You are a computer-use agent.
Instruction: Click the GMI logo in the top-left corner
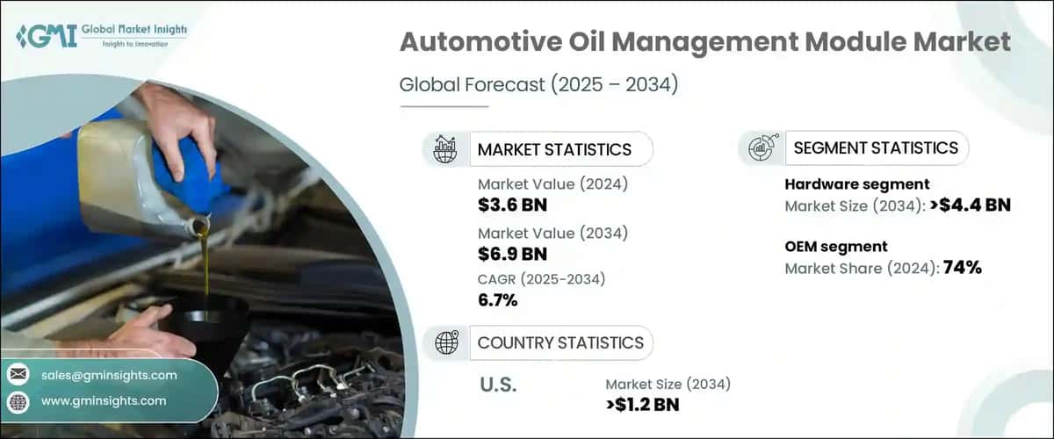click(101, 35)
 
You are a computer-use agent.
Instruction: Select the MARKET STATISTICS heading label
click(553, 149)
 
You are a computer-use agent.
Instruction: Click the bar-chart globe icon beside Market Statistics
click(445, 149)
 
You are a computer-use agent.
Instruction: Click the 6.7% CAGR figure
click(497, 301)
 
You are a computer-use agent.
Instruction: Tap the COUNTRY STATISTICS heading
click(559, 342)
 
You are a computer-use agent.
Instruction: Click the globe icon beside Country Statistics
click(445, 342)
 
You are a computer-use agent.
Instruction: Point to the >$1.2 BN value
click(642, 404)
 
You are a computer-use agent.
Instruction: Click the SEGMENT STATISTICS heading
click(875, 148)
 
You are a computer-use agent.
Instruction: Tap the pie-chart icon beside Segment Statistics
click(761, 148)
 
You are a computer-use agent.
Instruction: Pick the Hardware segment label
click(855, 184)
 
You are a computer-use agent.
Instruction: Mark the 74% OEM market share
click(961, 268)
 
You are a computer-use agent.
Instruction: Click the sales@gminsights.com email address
click(109, 375)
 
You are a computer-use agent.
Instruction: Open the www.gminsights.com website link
click(104, 400)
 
